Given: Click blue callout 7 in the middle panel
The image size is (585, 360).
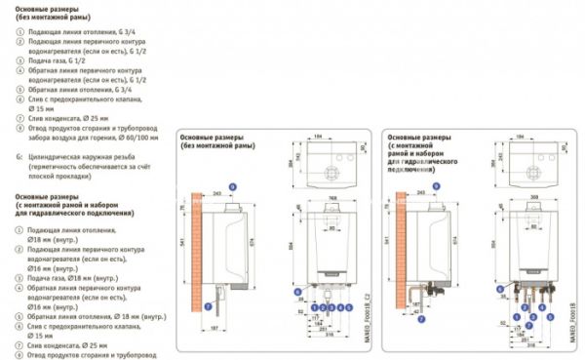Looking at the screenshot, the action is (x=207, y=305).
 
